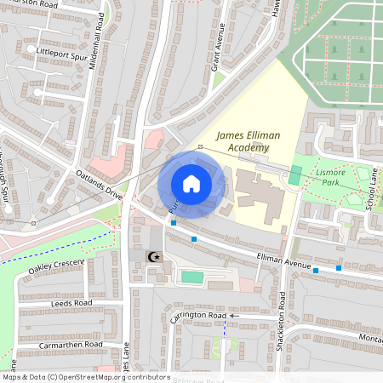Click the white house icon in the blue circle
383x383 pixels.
pyautogui.click(x=191, y=184)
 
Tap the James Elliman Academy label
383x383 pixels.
pyautogui.click(x=243, y=141)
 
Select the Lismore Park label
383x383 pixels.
pyautogui.click(x=329, y=176)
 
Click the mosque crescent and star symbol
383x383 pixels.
pyautogui.click(x=154, y=257)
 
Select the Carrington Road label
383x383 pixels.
pyautogui.click(x=198, y=316)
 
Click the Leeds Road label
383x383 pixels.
pyautogui.click(x=71, y=302)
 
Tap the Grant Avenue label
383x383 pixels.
pyautogui.click(x=218, y=52)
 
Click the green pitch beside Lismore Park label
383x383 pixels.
pyautogui.click(x=295, y=175)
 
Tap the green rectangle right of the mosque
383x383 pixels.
pyautogui.click(x=192, y=277)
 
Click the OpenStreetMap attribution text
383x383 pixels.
pyautogui.click(x=86, y=376)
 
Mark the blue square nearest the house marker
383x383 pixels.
pyautogui.click(x=174, y=223)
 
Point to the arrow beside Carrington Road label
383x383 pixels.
pyautogui.click(x=236, y=316)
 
